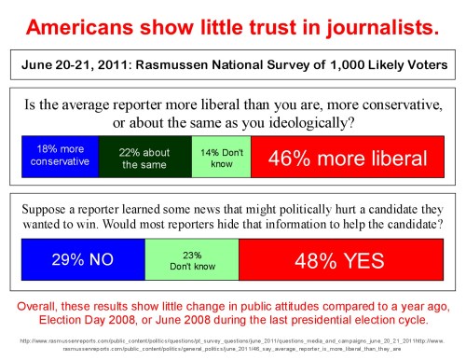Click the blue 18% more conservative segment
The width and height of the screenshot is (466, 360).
(x=59, y=157)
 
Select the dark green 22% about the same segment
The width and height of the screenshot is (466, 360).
(x=143, y=157)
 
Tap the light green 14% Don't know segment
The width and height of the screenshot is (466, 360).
(x=220, y=157)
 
